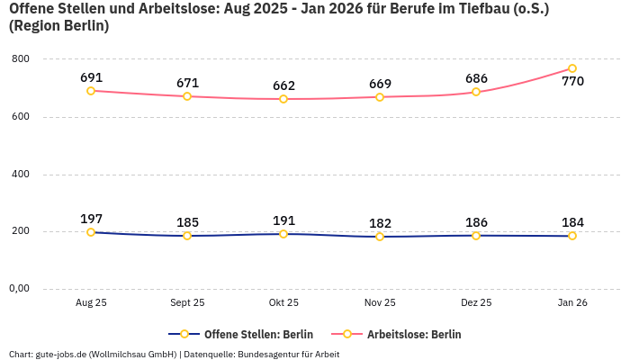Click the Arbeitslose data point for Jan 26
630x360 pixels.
(x=572, y=68)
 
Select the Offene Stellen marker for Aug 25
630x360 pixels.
(x=91, y=232)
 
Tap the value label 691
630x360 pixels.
(x=91, y=77)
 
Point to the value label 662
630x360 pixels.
(x=283, y=85)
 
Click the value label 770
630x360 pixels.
(x=572, y=82)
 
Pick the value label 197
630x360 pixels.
(x=91, y=219)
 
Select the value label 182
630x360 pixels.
(x=380, y=223)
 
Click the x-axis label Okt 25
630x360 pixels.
(x=283, y=303)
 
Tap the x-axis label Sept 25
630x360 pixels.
(x=187, y=303)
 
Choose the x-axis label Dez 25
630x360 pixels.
(x=476, y=303)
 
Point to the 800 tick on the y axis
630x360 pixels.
(x=20, y=59)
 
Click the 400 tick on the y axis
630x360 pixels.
(x=20, y=174)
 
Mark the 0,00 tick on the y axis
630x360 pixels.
(x=18, y=289)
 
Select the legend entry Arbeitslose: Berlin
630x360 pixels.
(x=413, y=334)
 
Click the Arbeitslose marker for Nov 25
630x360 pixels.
(x=380, y=96)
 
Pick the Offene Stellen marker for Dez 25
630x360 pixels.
(x=476, y=236)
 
